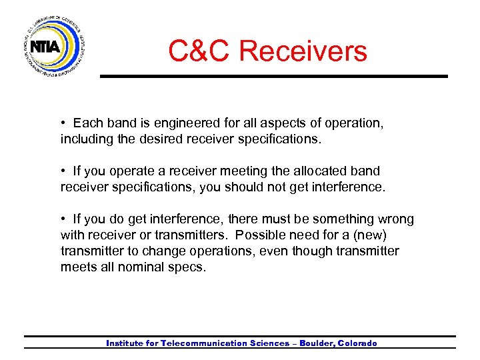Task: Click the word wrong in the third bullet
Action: [395, 219]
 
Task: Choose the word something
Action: [333, 219]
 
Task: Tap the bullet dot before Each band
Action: [63, 123]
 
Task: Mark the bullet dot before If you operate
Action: [63, 171]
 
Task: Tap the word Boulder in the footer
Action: [317, 343]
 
